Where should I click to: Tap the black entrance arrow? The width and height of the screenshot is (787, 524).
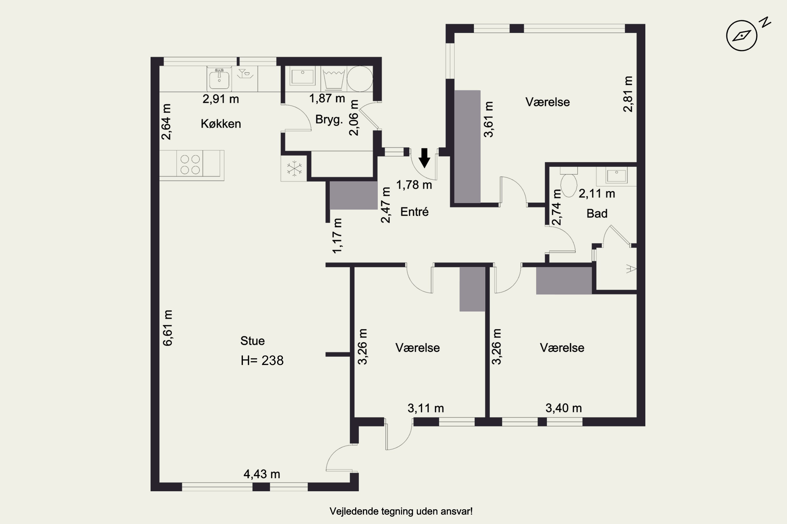click(x=425, y=158)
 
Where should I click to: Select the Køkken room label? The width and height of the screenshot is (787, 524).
click(x=221, y=124)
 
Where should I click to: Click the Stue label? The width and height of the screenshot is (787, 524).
click(x=252, y=341)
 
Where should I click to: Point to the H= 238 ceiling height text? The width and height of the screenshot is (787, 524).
click(x=262, y=361)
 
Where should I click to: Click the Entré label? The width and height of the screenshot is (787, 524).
click(x=414, y=212)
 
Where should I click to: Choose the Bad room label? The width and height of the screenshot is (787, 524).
click(x=597, y=214)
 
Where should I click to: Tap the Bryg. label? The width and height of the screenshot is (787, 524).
click(x=329, y=120)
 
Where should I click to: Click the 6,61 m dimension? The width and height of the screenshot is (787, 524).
click(x=168, y=328)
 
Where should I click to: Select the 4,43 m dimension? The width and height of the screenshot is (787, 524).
click(x=262, y=474)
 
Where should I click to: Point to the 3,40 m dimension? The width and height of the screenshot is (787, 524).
click(x=563, y=408)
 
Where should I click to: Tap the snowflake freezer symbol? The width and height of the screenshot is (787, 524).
click(x=294, y=168)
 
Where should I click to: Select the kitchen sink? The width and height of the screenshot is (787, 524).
click(x=219, y=79)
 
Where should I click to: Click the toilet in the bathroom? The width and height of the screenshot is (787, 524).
click(x=568, y=182)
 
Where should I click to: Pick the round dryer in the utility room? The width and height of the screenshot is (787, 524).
click(x=360, y=79)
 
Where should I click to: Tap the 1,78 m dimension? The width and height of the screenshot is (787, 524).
click(x=414, y=185)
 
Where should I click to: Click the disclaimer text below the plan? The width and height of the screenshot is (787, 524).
click(x=401, y=511)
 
